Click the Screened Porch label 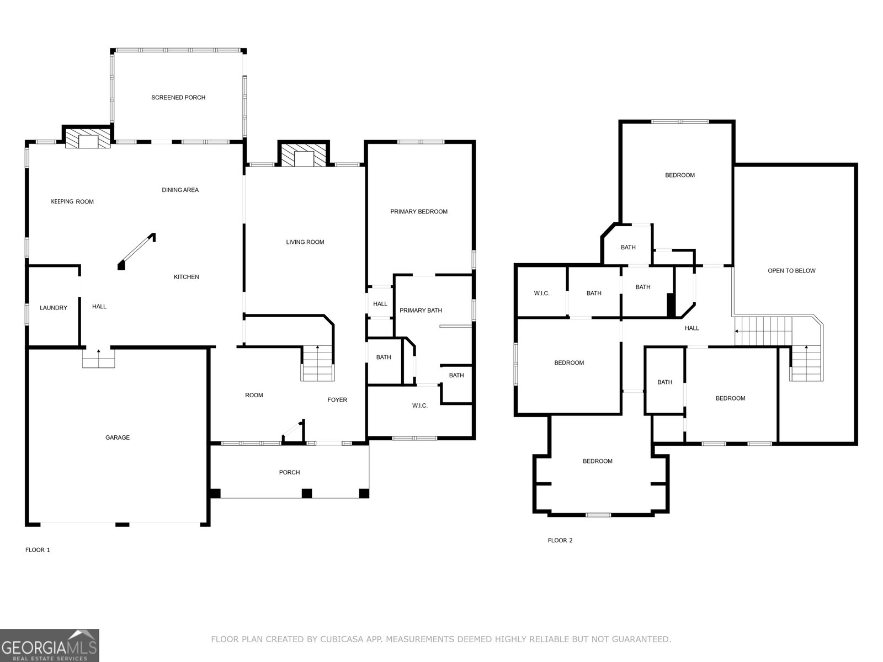178,98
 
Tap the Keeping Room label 72,202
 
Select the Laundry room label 54,308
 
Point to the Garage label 118,437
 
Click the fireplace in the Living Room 304,155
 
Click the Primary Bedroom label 419,212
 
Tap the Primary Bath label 421,310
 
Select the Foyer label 337,400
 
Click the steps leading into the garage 99,358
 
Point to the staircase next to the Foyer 318,363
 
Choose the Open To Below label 792,271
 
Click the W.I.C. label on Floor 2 541,293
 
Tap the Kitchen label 186,277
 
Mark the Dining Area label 180,190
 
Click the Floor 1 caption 38,550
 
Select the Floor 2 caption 560,540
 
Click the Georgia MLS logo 50,645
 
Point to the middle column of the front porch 307,493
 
